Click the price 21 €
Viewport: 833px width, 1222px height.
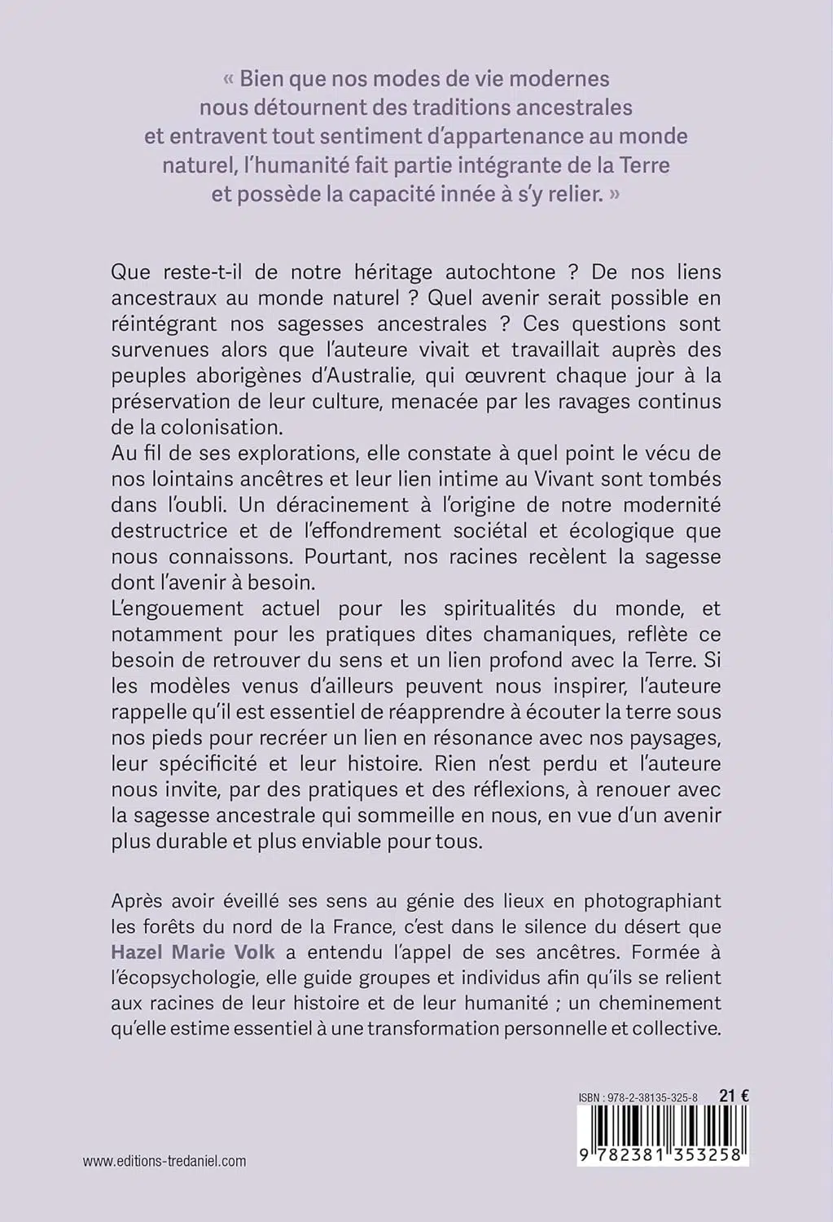[734, 1097]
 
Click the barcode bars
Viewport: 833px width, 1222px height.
[663, 1127]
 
